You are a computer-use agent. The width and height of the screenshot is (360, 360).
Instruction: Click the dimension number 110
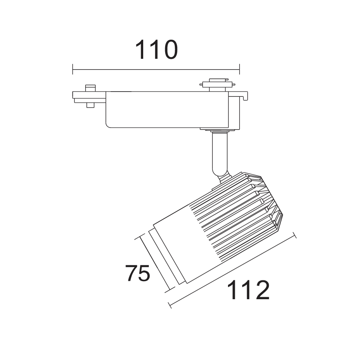tap(156, 50)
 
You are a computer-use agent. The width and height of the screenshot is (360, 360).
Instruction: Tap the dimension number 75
tap(138, 273)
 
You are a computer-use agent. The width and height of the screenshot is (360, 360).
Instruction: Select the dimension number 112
tap(248, 290)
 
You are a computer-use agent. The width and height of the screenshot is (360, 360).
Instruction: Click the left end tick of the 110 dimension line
tap(72, 69)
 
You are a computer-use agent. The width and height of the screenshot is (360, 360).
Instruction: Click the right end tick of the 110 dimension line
tap(240, 69)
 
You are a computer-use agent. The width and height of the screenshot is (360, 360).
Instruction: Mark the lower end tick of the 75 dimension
tap(170, 290)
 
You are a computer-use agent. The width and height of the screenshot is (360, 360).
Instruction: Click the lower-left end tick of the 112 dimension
tap(170, 305)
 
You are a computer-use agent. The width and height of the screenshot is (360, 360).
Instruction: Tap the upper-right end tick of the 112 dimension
tap(294, 235)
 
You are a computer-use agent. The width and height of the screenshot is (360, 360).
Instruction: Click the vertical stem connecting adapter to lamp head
tap(220, 154)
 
